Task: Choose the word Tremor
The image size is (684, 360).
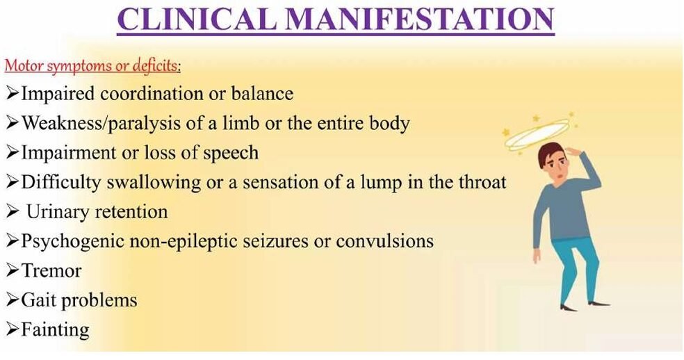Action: point(51,271)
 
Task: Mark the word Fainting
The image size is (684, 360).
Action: point(56,330)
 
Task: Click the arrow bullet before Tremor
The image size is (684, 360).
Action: point(13,271)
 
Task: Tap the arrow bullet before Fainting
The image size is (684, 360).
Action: point(13,329)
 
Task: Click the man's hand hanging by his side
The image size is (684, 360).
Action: point(536,256)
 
